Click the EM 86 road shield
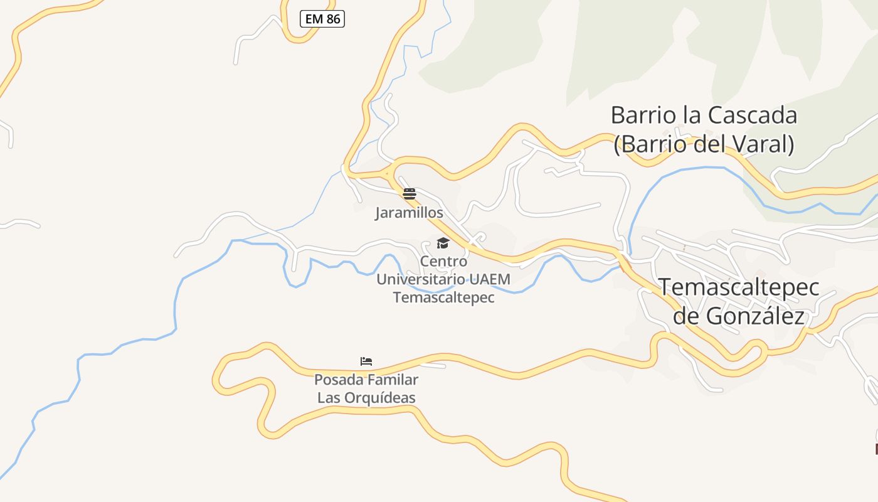click(x=322, y=19)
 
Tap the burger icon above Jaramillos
click(x=410, y=194)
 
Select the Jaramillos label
click(x=409, y=213)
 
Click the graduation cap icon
click(x=443, y=243)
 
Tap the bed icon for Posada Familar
click(x=366, y=361)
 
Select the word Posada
click(x=338, y=380)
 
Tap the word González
click(x=755, y=316)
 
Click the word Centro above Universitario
click(x=443, y=261)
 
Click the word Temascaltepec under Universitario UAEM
click(x=443, y=297)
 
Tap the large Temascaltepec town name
click(x=739, y=287)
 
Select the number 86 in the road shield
click(x=333, y=19)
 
